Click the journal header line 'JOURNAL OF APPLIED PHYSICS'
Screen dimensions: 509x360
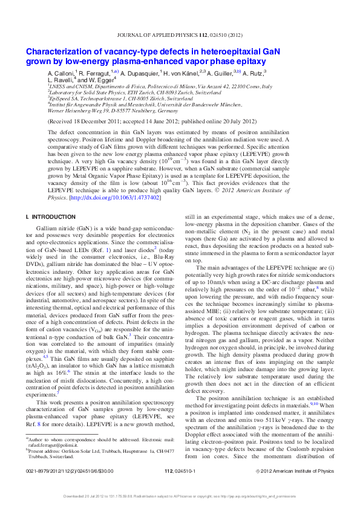coord(169,37)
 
